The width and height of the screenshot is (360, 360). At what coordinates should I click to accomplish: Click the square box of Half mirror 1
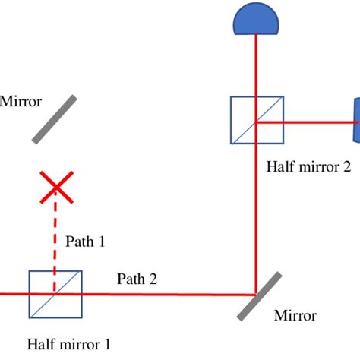click(55, 293)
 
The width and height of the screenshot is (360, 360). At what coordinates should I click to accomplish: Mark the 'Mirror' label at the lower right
click(295, 315)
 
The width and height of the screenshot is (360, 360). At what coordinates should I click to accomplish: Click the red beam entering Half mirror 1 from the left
click(14, 293)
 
